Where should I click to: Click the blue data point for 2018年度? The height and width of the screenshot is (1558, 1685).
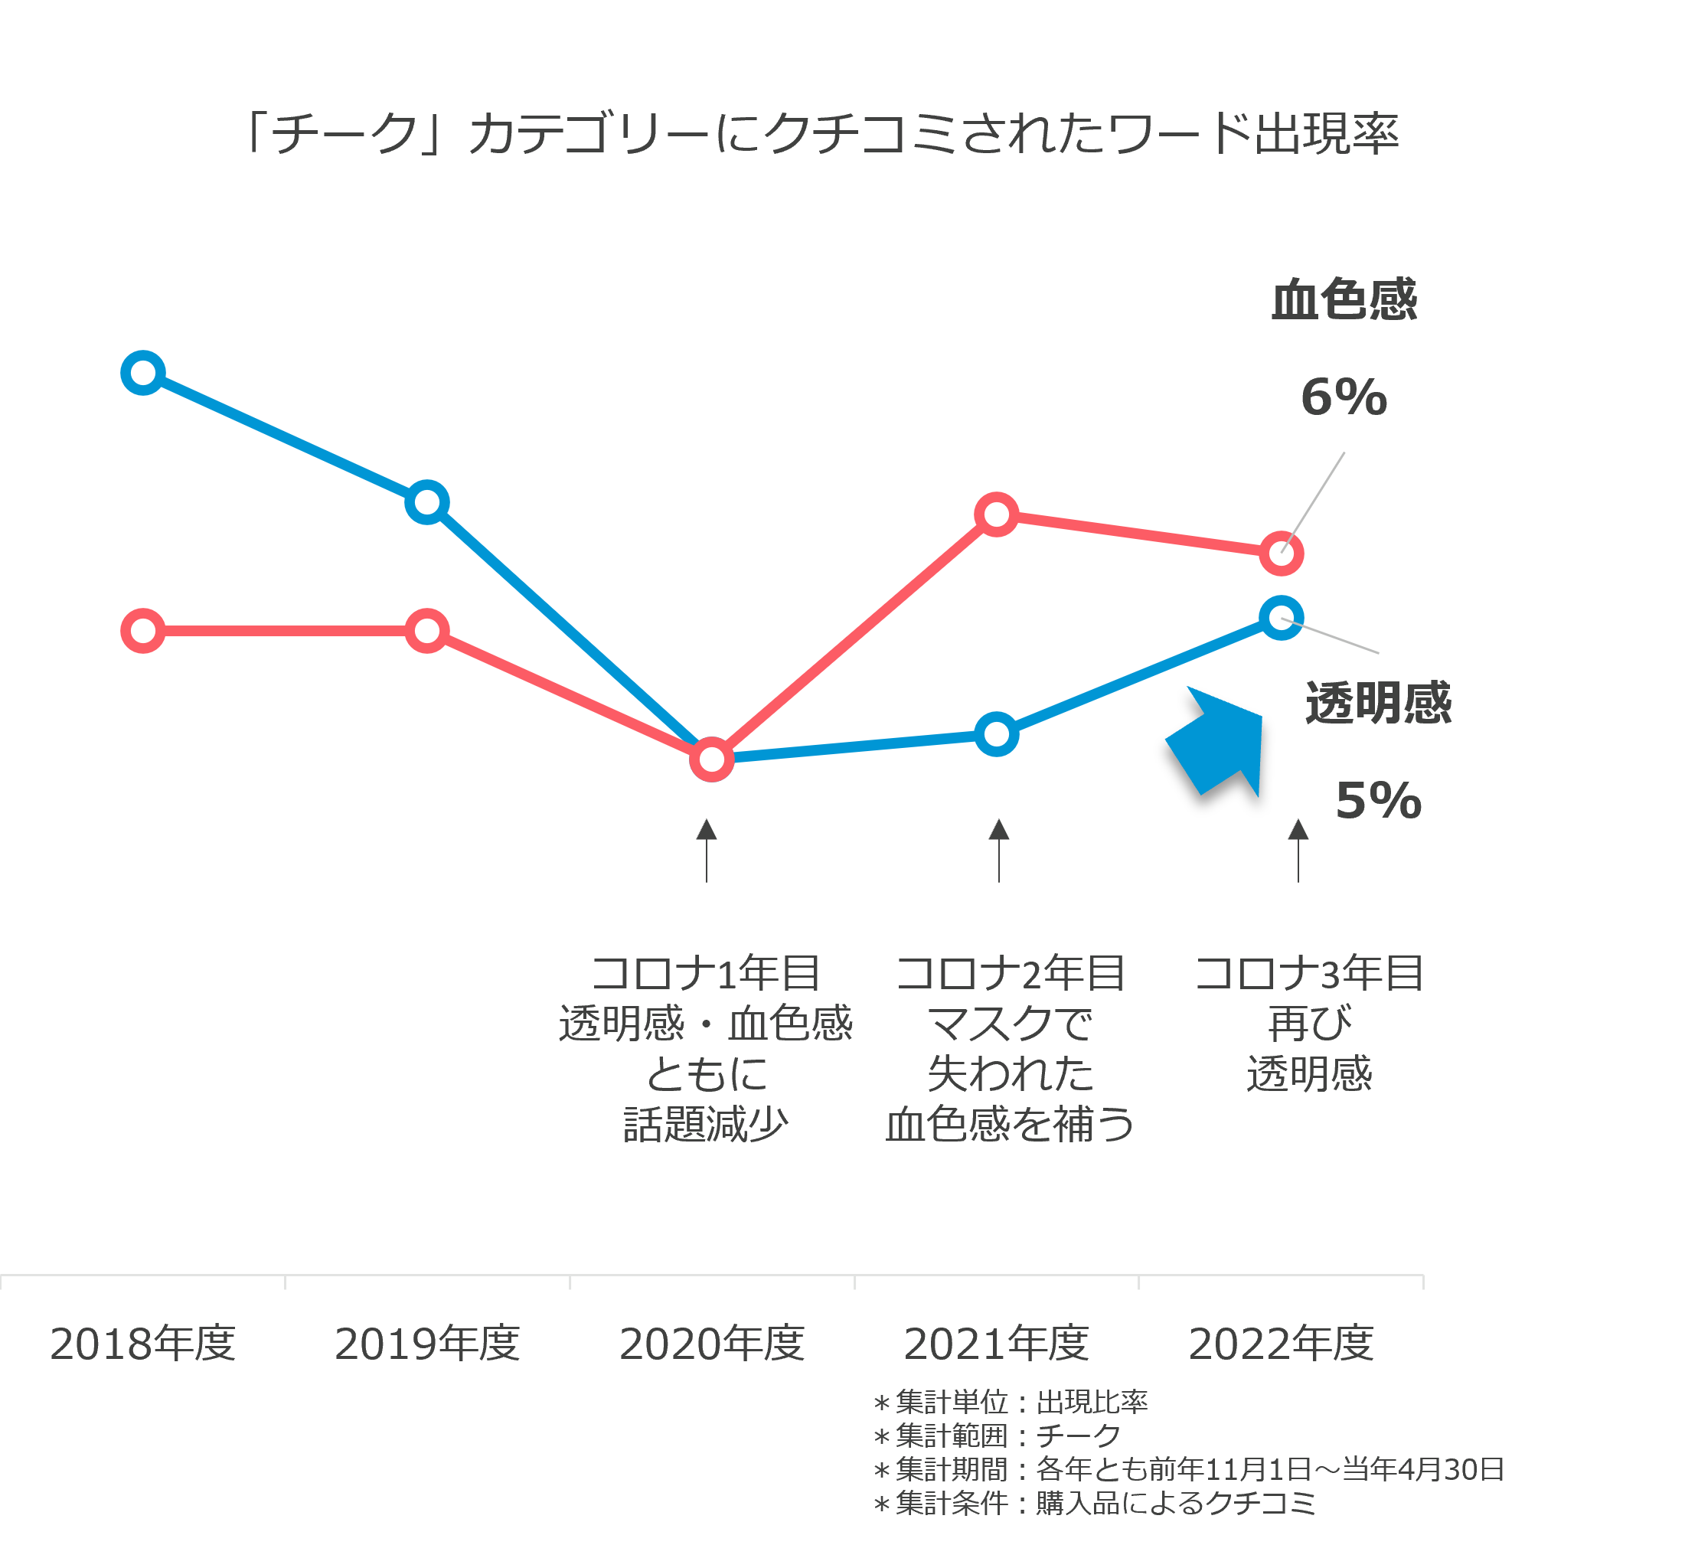click(x=142, y=372)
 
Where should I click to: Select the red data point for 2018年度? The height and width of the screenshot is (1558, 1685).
click(x=142, y=631)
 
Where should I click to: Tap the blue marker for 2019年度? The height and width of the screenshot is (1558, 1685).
click(x=426, y=502)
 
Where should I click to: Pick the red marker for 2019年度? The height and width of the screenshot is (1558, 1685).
click(x=426, y=631)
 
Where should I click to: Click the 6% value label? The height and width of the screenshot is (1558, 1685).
click(x=1344, y=397)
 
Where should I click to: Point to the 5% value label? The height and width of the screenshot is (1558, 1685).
click(x=1378, y=800)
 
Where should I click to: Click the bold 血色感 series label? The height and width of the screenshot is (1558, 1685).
click(x=1344, y=300)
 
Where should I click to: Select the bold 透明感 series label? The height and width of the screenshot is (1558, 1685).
click(x=1378, y=703)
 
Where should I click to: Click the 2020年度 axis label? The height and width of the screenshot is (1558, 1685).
click(x=711, y=1344)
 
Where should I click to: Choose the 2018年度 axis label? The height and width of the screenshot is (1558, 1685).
click(x=142, y=1344)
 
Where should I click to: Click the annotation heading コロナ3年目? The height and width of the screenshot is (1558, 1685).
click(x=1309, y=974)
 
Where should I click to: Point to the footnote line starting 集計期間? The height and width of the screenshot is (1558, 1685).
click(x=1188, y=1469)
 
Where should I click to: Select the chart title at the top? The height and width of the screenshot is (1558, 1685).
click(x=822, y=134)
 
